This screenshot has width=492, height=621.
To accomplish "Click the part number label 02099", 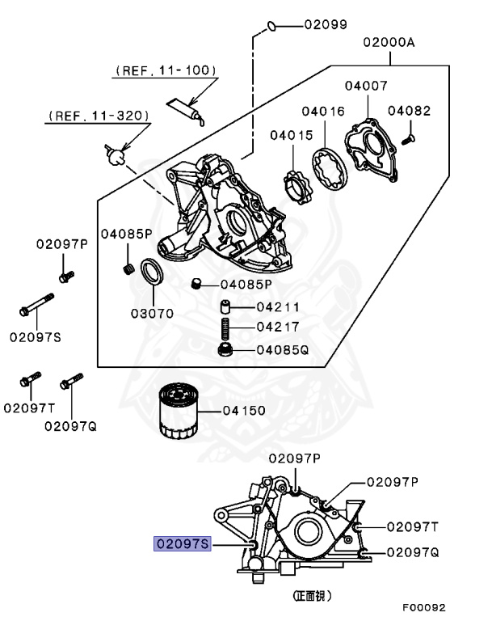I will (326, 25).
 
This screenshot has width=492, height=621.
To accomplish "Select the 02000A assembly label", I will (389, 44).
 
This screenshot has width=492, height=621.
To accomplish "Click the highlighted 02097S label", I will (183, 545).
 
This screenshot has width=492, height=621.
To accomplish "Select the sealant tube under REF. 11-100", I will (183, 108).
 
